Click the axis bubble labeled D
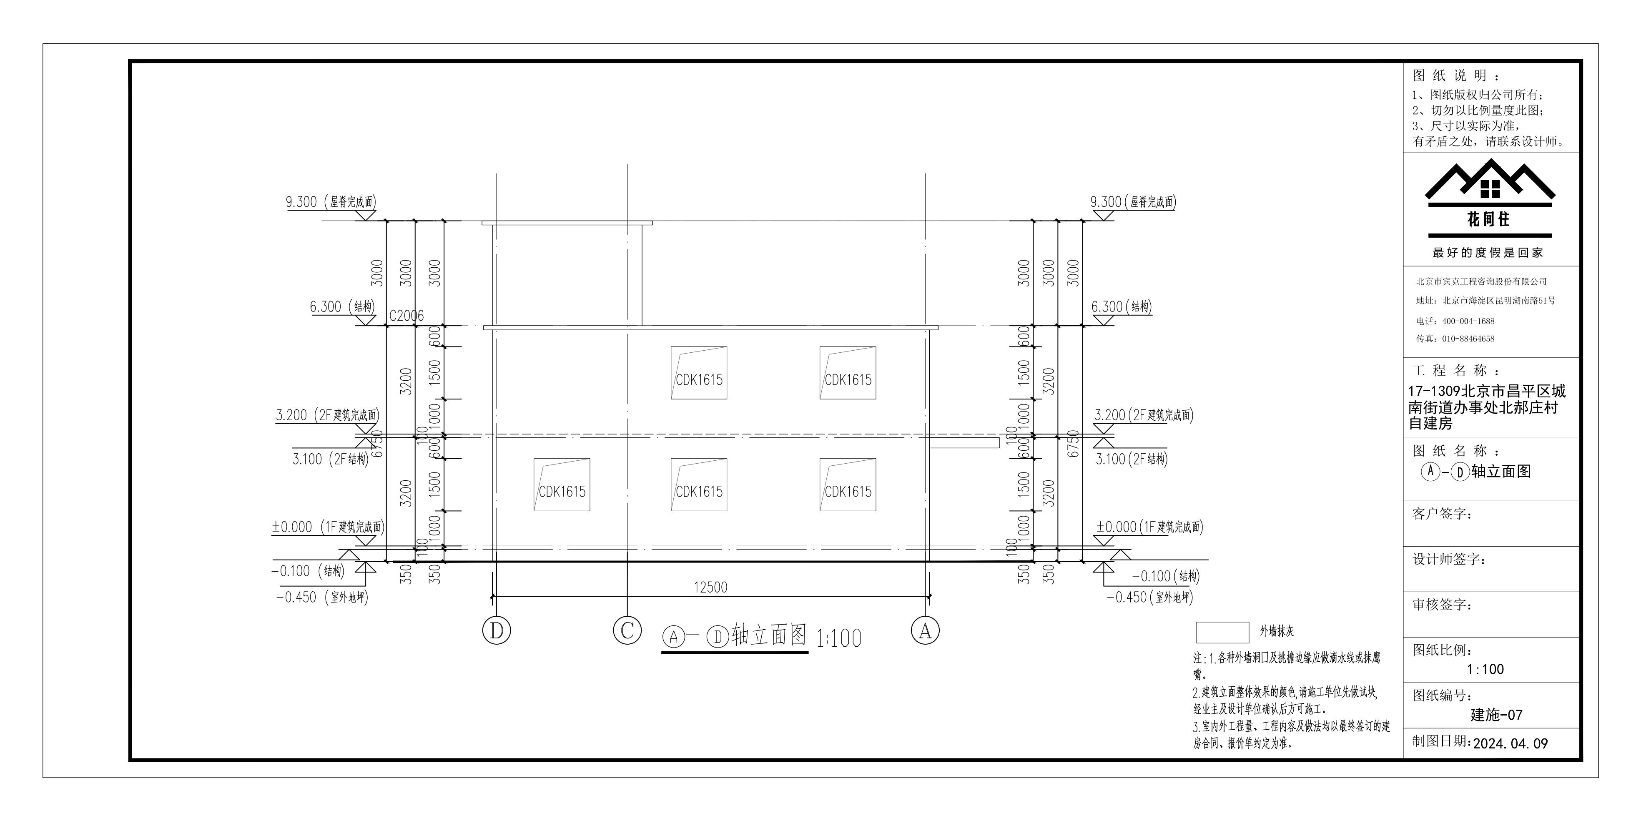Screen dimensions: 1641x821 coord(497,630)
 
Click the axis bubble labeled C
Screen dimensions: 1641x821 coord(627,630)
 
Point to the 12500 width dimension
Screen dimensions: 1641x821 coord(710,587)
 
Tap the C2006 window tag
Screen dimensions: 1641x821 coord(406,316)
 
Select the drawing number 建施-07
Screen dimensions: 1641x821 coord(1496,715)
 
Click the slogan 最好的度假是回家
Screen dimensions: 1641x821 coord(1488,252)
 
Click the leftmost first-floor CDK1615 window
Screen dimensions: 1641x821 coord(562,485)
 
